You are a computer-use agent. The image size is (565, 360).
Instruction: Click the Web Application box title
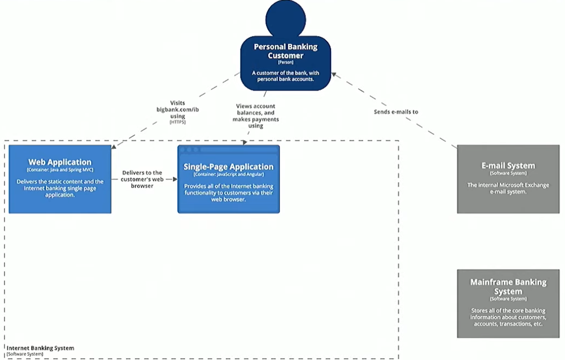[60, 162]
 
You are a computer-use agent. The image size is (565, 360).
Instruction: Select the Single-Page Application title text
[229, 167]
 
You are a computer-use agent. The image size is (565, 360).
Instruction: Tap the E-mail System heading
[508, 166]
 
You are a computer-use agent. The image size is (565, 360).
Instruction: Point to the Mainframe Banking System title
[508, 286]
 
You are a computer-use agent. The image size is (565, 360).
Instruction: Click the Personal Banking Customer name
[285, 51]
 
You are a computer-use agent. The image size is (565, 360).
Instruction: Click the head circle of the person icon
[285, 19]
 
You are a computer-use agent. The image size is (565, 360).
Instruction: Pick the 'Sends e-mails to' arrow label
[396, 112]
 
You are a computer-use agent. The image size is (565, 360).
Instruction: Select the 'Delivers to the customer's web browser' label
[142, 179]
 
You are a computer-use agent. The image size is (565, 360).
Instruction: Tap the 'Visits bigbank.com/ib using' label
[178, 109]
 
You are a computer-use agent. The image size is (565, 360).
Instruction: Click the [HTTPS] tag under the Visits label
[178, 123]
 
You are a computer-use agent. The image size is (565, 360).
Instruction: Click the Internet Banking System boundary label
[40, 348]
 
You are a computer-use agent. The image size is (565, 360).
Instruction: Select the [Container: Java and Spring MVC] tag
[60, 170]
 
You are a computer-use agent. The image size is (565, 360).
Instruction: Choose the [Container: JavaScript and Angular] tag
[229, 174]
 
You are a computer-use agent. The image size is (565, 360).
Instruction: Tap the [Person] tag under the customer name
[285, 62]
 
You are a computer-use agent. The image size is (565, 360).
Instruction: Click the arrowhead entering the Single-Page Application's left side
[175, 180]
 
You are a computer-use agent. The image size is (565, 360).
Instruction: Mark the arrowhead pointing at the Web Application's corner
[113, 148]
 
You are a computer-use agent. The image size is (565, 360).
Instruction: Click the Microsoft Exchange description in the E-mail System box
[508, 188]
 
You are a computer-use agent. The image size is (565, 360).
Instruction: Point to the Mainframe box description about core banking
[508, 317]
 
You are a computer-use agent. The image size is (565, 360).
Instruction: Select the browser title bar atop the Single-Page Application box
[229, 150]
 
